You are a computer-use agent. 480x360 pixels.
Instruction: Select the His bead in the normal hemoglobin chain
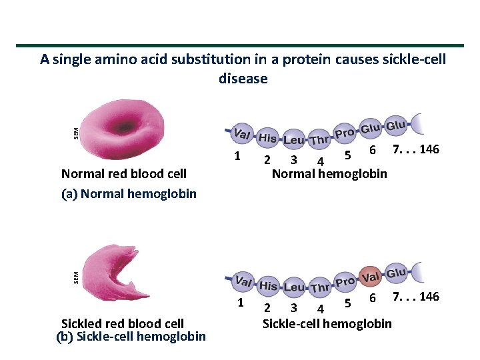click(x=267, y=137)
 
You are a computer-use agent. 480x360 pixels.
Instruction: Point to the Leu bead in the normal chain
click(x=293, y=141)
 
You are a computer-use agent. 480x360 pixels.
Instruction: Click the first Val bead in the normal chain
click(x=242, y=134)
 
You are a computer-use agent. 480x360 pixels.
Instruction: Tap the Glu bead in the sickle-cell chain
click(x=396, y=273)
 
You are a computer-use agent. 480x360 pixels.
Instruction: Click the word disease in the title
click(x=243, y=79)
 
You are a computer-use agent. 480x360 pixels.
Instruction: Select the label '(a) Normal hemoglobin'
click(x=129, y=194)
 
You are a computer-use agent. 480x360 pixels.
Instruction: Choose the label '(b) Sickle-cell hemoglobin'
click(x=131, y=337)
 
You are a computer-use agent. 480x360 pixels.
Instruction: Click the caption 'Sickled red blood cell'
click(x=123, y=324)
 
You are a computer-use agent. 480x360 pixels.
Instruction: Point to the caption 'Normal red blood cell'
click(x=123, y=174)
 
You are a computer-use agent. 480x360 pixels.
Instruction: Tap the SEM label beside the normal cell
click(x=75, y=132)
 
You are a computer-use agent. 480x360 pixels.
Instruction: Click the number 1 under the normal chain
click(x=237, y=157)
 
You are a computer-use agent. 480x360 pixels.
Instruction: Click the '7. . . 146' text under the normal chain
click(x=416, y=149)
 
